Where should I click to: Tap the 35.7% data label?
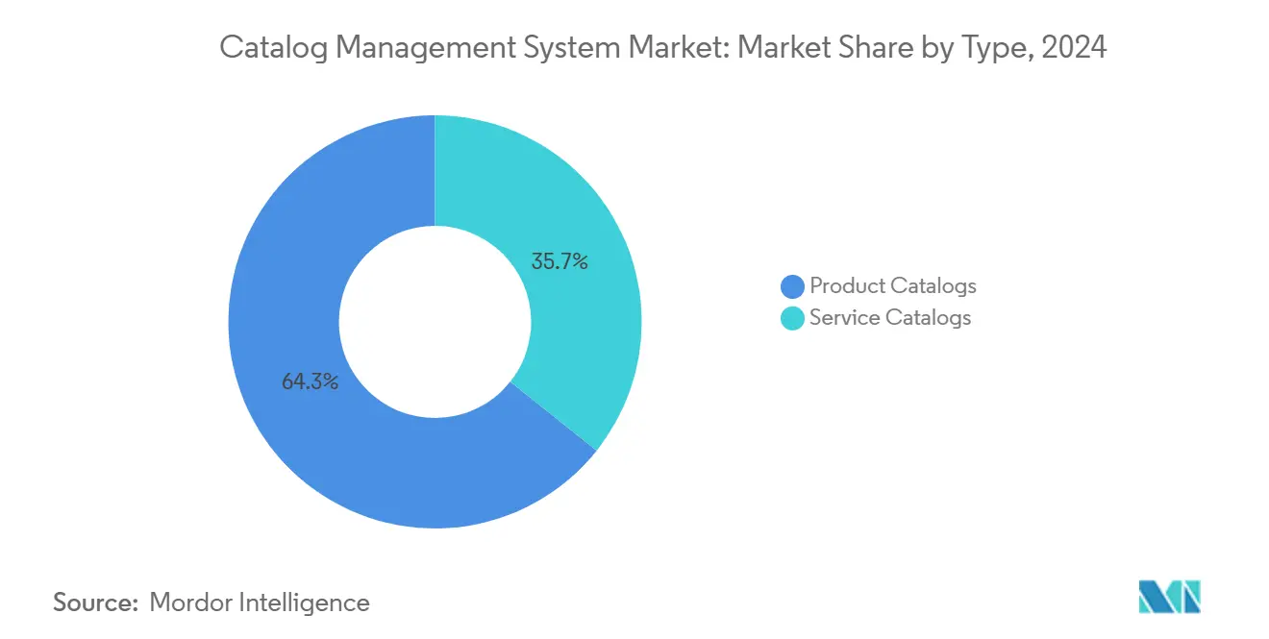pyautogui.click(x=559, y=260)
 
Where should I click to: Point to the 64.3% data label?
pyautogui.click(x=310, y=381)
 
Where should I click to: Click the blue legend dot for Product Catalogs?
pyautogui.click(x=793, y=286)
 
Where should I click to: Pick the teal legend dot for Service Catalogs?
pyautogui.click(x=793, y=318)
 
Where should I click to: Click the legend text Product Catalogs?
pyautogui.click(x=892, y=285)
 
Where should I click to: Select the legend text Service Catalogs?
pyautogui.click(x=889, y=318)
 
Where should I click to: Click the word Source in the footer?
pyautogui.click(x=93, y=602)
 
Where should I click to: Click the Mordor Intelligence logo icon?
pyautogui.click(x=1169, y=597)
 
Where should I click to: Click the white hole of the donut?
pyautogui.click(x=435, y=321)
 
